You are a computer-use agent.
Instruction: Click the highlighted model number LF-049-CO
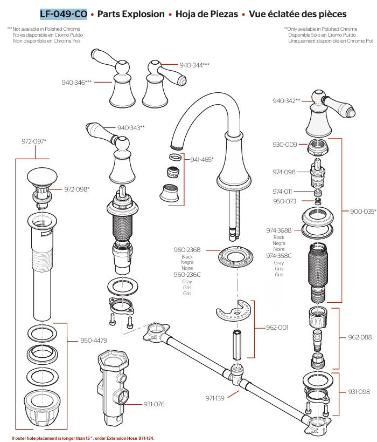point(64,14)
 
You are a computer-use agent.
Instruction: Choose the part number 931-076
point(154,404)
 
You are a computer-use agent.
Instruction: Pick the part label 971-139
point(215,398)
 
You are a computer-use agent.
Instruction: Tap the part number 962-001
point(277,327)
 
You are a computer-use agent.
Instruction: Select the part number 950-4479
point(94,340)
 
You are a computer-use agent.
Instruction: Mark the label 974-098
point(284,172)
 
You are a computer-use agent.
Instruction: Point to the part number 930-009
point(285,144)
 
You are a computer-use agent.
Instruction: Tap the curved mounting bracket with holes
point(233,311)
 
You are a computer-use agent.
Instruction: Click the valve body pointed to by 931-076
point(113,387)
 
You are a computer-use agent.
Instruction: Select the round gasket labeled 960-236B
point(236,257)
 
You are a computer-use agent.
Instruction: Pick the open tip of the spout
point(177,147)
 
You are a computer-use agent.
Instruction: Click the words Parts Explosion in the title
point(131,14)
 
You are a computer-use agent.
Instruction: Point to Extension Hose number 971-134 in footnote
point(146,438)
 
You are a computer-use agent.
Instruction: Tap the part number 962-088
point(360,337)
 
